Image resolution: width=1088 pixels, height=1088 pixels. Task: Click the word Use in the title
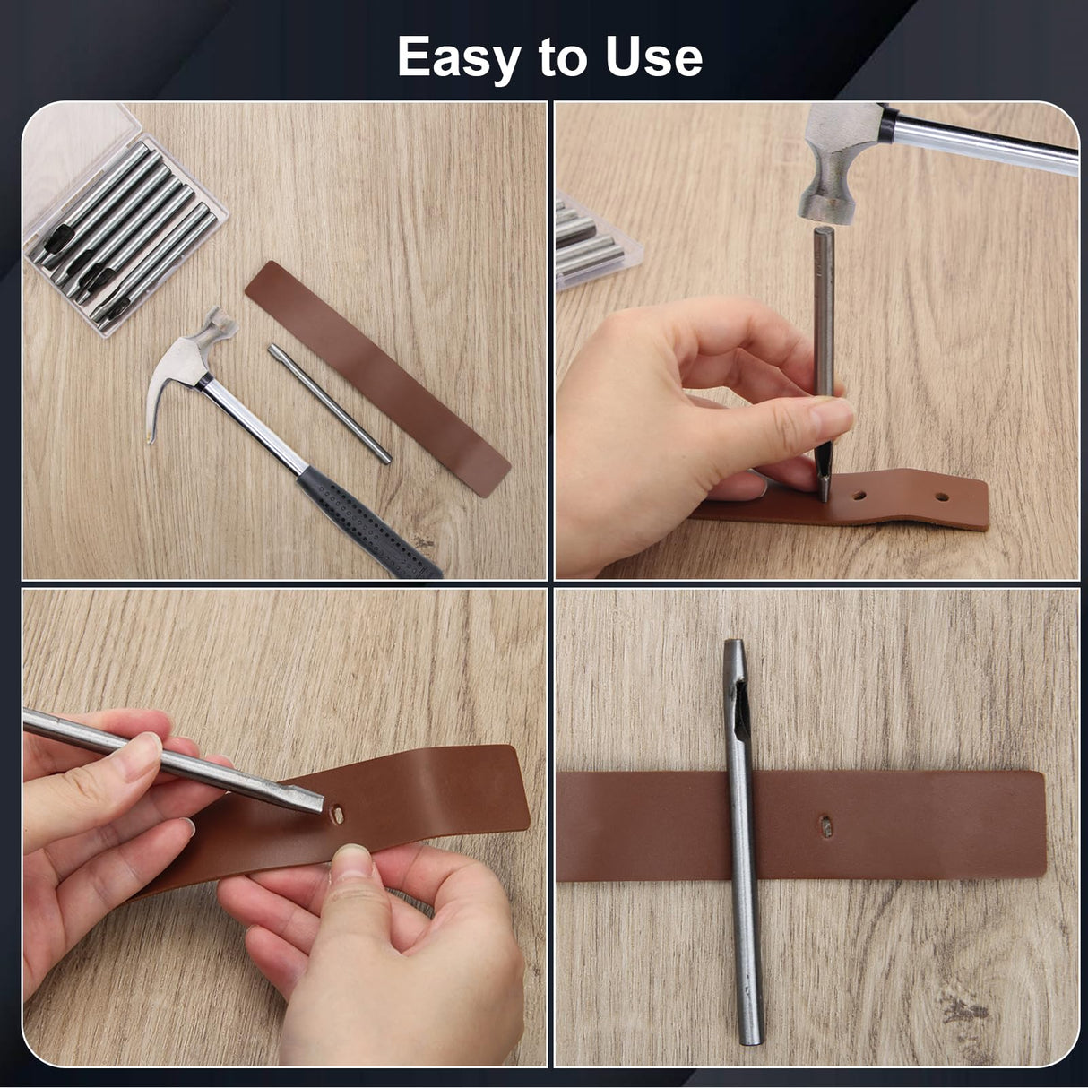(653, 58)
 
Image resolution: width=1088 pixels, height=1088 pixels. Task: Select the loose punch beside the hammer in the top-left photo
(329, 404)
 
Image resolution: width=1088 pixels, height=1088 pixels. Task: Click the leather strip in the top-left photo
(376, 376)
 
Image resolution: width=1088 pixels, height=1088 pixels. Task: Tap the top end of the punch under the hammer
(824, 235)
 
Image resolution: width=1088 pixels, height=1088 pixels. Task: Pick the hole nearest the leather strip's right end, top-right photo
(942, 494)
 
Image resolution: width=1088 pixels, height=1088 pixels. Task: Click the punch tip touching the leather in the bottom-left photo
(314, 803)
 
